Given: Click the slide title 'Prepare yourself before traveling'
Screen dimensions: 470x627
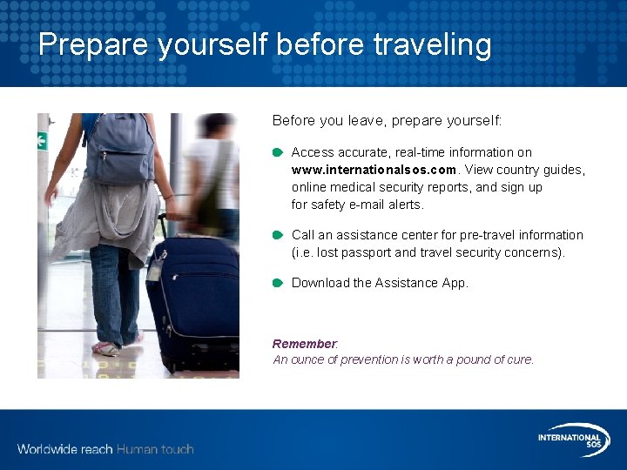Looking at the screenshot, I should (265, 44).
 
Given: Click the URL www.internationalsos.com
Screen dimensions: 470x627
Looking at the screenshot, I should (374, 170).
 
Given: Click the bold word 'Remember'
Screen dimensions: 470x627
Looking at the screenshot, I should (304, 344).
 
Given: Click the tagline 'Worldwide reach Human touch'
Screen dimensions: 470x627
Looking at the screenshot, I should (105, 449).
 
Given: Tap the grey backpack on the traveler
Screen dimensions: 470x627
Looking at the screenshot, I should (119, 148).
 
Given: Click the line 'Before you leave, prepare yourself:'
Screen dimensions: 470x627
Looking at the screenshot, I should (387, 120).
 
